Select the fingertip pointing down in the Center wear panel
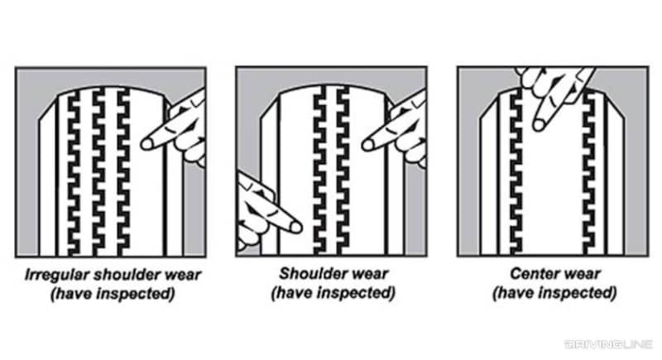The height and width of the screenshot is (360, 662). (x=540, y=124)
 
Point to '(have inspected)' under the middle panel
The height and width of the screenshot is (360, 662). (x=331, y=294)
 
